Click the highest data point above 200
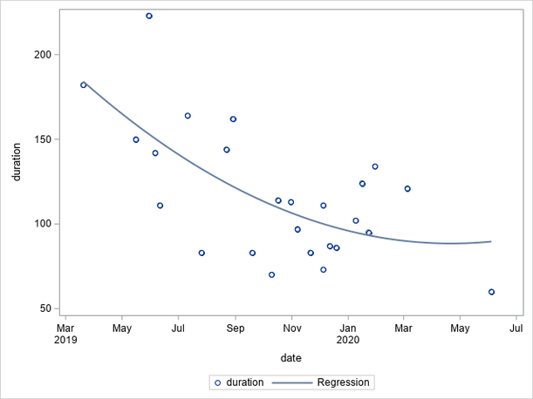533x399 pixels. [149, 17]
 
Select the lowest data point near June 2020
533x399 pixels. [492, 292]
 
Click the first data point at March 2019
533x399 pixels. [84, 85]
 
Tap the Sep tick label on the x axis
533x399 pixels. [236, 328]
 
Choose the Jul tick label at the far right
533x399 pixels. [516, 328]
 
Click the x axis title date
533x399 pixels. [290, 358]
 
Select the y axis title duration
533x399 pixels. [17, 160]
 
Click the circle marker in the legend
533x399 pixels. [217, 382]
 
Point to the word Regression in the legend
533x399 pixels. [343, 382]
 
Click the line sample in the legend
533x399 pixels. [291, 382]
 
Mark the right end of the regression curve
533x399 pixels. [492, 241]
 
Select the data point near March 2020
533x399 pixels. [407, 189]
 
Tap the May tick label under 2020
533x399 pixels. [461, 328]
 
